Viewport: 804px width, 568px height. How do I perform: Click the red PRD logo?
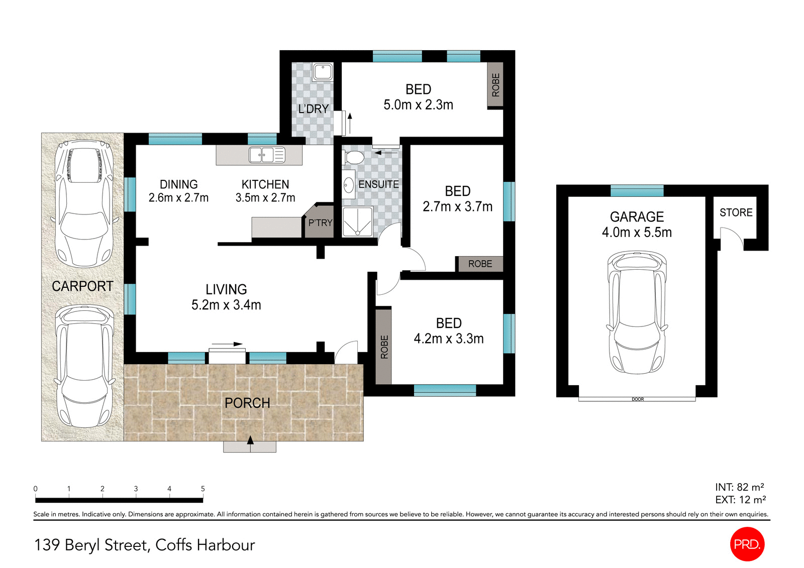point(747,544)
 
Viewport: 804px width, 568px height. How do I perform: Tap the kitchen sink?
point(267,155)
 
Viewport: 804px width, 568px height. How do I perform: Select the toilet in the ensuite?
point(354,157)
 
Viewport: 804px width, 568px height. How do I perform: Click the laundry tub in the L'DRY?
point(322,72)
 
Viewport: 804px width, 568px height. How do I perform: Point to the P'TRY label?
point(320,222)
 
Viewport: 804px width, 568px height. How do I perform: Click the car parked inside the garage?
point(637,312)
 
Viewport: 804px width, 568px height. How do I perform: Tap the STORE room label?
point(736,212)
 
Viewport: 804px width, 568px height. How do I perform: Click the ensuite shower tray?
point(357,221)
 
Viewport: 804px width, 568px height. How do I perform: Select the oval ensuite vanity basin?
point(348,185)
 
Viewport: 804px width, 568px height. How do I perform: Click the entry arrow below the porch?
point(250,441)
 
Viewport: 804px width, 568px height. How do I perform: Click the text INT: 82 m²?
point(739,487)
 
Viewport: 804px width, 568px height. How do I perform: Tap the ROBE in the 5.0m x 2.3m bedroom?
point(495,85)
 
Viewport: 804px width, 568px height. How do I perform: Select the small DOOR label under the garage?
point(637,399)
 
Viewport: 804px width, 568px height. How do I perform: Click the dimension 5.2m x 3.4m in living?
point(226,305)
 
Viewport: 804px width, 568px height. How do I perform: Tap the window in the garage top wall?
point(637,190)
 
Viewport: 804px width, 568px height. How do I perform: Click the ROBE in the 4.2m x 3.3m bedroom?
point(384,347)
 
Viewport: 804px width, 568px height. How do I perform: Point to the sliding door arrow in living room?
point(231,344)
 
